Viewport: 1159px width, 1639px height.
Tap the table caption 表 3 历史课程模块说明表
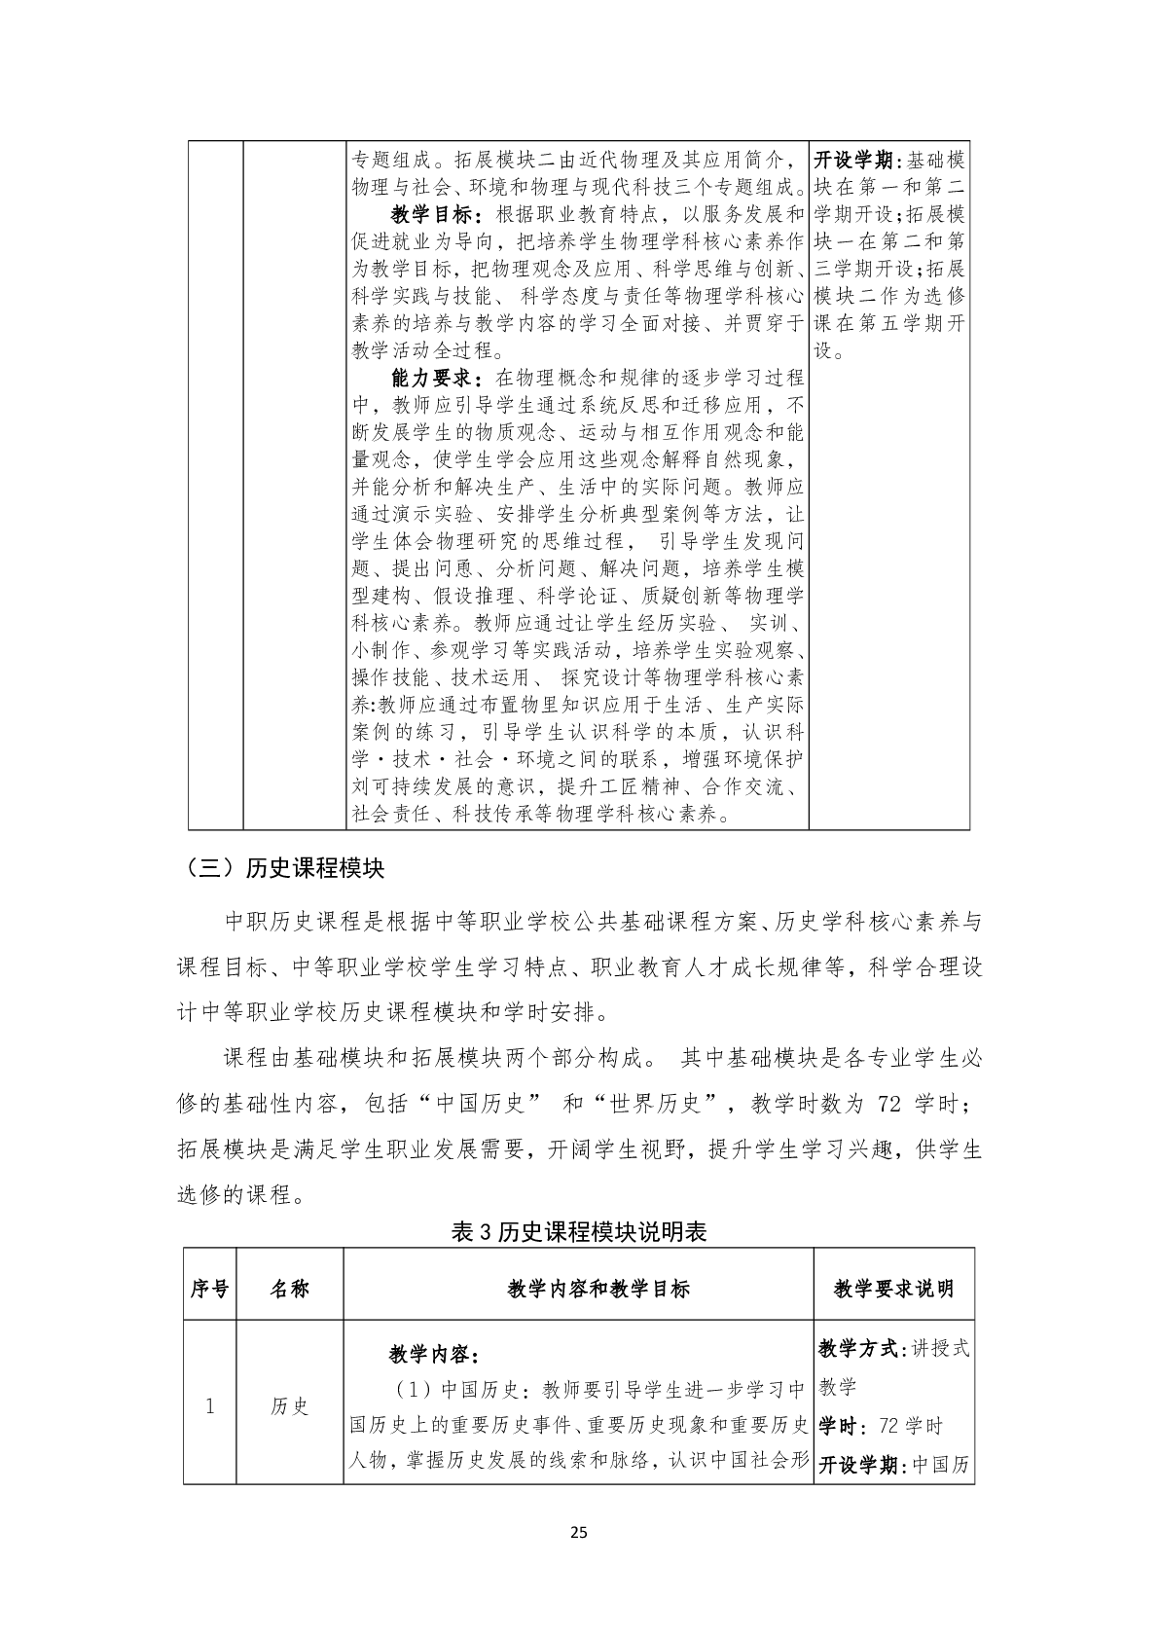[579, 1231]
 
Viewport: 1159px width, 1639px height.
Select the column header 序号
[209, 1289]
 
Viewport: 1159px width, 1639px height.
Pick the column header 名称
[289, 1289]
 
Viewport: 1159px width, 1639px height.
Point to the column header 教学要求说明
[893, 1289]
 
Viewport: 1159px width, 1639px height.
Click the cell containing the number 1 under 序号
[209, 1405]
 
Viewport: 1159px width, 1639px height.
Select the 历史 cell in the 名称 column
[289, 1405]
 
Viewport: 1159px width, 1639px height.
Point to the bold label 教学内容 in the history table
[428, 1355]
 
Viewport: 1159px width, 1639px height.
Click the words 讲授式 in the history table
[941, 1348]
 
